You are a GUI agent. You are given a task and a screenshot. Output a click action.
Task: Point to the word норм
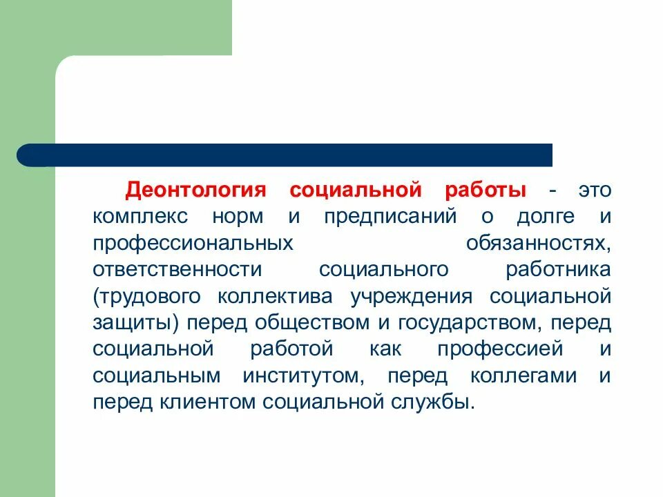238,217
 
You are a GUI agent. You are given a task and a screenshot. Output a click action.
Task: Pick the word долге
546,217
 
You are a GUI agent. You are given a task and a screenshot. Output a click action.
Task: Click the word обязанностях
539,244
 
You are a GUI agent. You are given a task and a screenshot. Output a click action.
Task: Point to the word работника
557,270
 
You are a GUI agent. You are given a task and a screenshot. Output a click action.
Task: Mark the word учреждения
412,297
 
